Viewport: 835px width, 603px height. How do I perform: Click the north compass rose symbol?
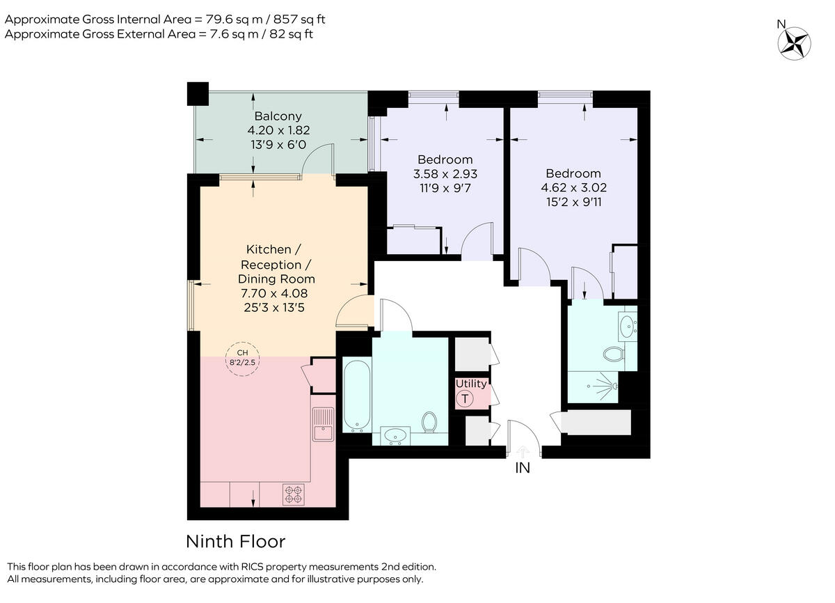(x=795, y=42)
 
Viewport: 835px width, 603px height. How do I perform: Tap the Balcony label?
(x=278, y=116)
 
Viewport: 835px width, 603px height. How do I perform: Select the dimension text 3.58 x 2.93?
(x=445, y=174)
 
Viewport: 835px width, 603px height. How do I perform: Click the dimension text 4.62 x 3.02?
(x=573, y=187)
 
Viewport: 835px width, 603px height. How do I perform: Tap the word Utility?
(x=471, y=384)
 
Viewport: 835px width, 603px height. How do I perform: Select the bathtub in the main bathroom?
(x=356, y=395)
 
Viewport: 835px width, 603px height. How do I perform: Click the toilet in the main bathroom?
(x=429, y=422)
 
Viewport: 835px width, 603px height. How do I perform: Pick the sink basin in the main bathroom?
(x=397, y=435)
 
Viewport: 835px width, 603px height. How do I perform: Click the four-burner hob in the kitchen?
(x=293, y=494)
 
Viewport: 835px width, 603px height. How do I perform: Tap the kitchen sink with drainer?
(x=324, y=425)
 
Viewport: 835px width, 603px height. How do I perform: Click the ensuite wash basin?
(x=628, y=324)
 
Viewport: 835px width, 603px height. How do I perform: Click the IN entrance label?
(x=522, y=468)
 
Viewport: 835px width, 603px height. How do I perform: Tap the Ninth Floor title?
(x=235, y=541)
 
